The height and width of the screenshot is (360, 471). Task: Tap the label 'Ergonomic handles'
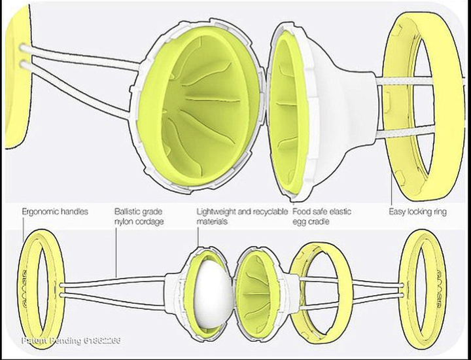click(x=55, y=212)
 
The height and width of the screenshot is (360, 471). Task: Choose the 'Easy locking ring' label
click(x=417, y=212)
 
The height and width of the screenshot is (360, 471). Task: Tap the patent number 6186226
click(x=99, y=341)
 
